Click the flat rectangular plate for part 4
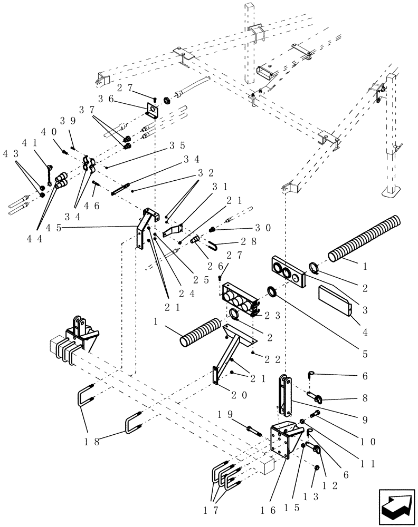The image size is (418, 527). click(x=335, y=300)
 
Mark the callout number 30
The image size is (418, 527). click(x=262, y=228)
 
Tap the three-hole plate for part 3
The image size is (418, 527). click(x=288, y=271)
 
